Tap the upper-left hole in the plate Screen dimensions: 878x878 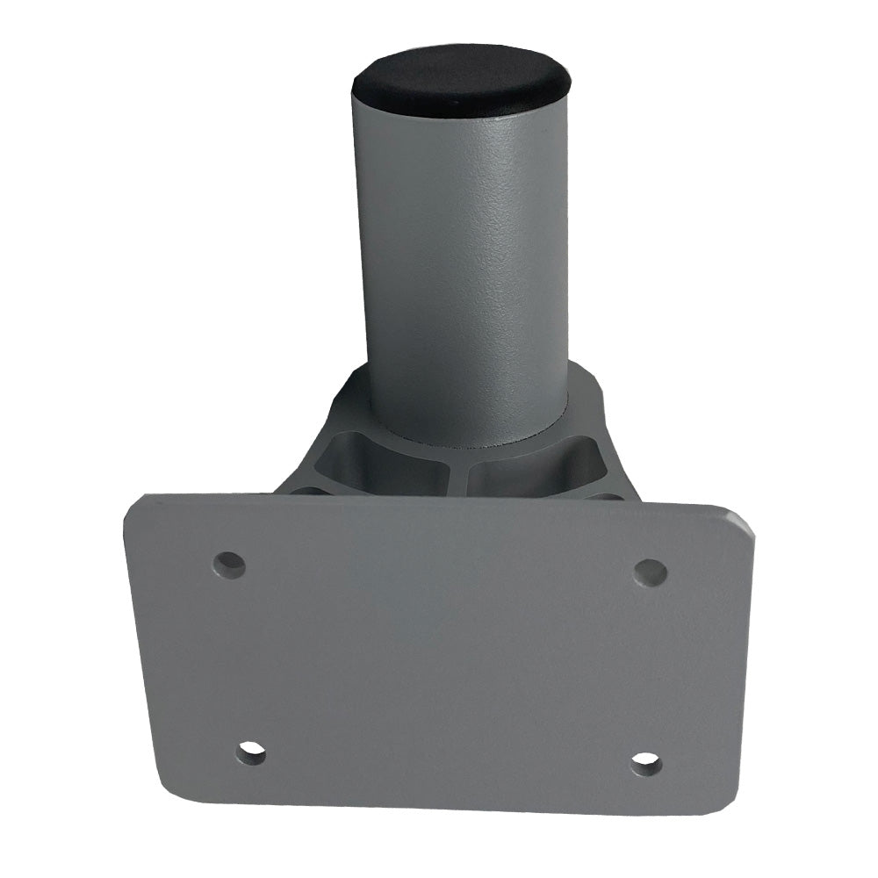pos(230,562)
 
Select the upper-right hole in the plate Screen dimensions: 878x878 pos(650,572)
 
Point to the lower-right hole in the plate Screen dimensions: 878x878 pos(645,763)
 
